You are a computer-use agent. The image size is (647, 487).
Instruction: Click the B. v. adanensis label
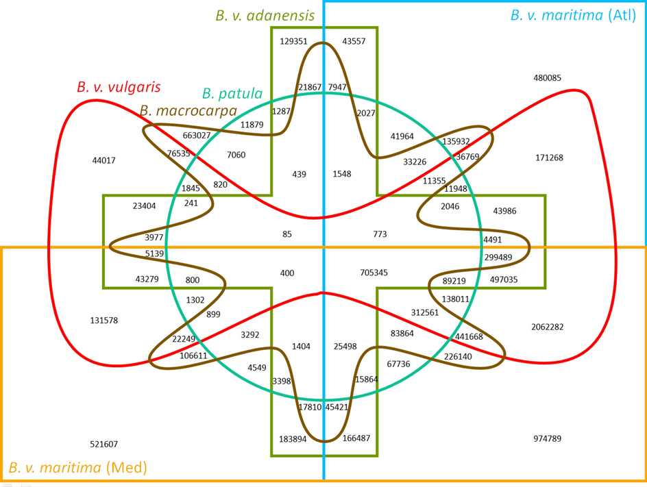click(x=265, y=14)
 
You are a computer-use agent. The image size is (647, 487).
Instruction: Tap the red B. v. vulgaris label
click(x=119, y=87)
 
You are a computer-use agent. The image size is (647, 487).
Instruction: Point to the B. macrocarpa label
click(x=188, y=110)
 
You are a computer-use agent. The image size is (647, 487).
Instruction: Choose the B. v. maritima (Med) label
click(x=77, y=468)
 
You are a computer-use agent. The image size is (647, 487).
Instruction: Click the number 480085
click(x=547, y=78)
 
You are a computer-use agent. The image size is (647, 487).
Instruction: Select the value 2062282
click(x=547, y=327)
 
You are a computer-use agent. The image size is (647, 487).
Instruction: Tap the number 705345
click(x=374, y=273)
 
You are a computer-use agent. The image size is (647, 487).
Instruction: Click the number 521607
click(x=103, y=445)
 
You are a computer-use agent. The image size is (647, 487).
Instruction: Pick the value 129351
click(x=293, y=41)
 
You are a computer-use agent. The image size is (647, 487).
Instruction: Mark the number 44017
click(x=103, y=161)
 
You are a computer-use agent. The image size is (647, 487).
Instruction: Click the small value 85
click(x=286, y=234)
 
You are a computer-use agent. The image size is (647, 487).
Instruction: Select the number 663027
click(x=197, y=136)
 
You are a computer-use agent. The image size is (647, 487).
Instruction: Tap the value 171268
click(x=549, y=158)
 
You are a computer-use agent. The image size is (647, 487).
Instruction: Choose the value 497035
click(x=504, y=279)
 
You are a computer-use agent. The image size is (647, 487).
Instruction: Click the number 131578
click(x=103, y=321)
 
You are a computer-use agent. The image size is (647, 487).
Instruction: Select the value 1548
click(x=341, y=174)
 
